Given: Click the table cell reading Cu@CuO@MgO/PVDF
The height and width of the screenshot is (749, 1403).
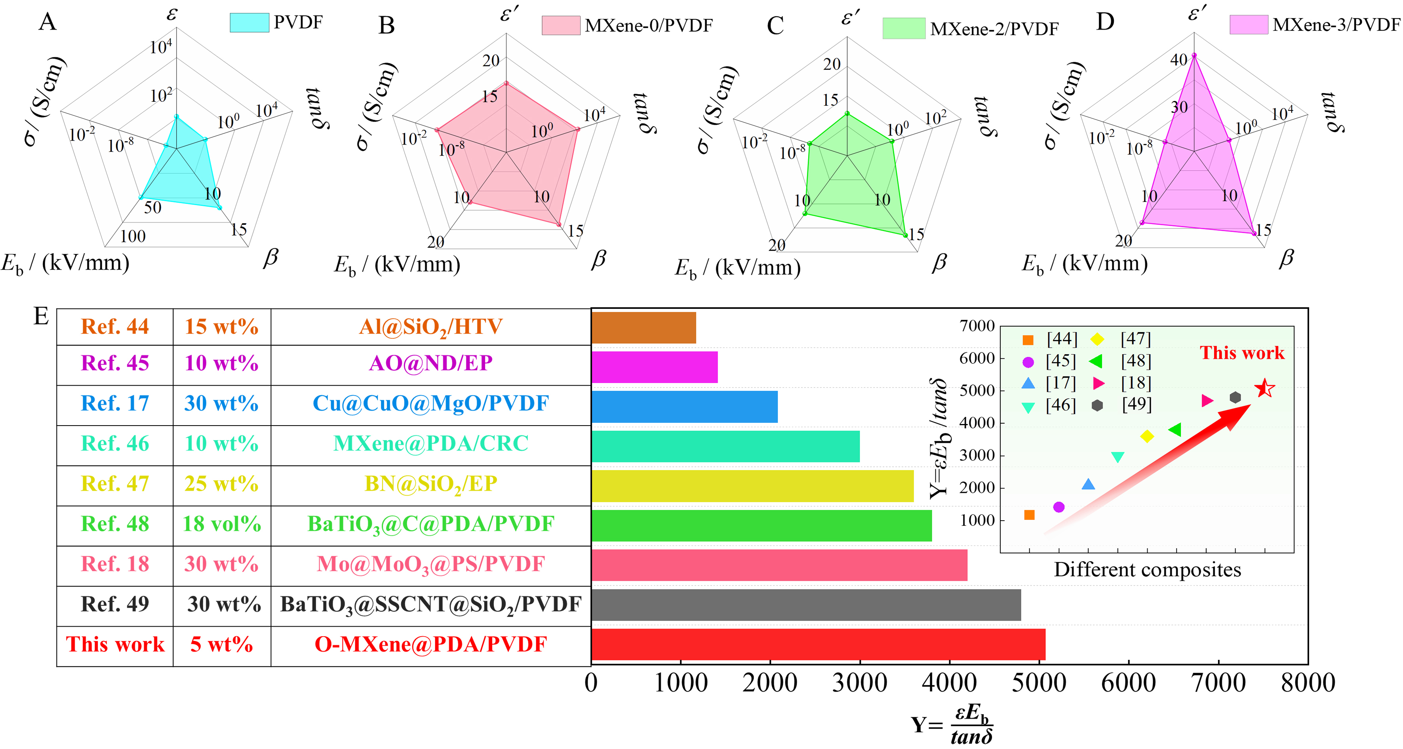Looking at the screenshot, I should point(430,403).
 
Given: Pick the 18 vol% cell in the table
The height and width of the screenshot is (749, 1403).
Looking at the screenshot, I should point(222,524).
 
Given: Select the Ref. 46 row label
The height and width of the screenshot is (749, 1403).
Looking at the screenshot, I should point(115,444).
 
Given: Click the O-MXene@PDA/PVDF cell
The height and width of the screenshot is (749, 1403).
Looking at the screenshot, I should point(430,644).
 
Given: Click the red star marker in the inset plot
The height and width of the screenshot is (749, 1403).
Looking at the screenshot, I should point(1265,389).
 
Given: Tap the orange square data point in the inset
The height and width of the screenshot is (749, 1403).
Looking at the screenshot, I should point(1029,515).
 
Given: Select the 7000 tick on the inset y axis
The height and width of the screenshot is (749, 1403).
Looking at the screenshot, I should point(977,326).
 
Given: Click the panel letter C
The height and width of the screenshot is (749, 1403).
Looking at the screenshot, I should point(775,26).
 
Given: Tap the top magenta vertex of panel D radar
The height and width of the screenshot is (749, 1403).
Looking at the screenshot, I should point(1194,55).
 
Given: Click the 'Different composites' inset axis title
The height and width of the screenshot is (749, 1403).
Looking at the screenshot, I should point(1147,569).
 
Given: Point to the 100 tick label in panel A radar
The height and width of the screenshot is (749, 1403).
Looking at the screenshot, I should point(133,236).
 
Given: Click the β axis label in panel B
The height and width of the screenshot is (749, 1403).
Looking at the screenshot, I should point(599,259).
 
